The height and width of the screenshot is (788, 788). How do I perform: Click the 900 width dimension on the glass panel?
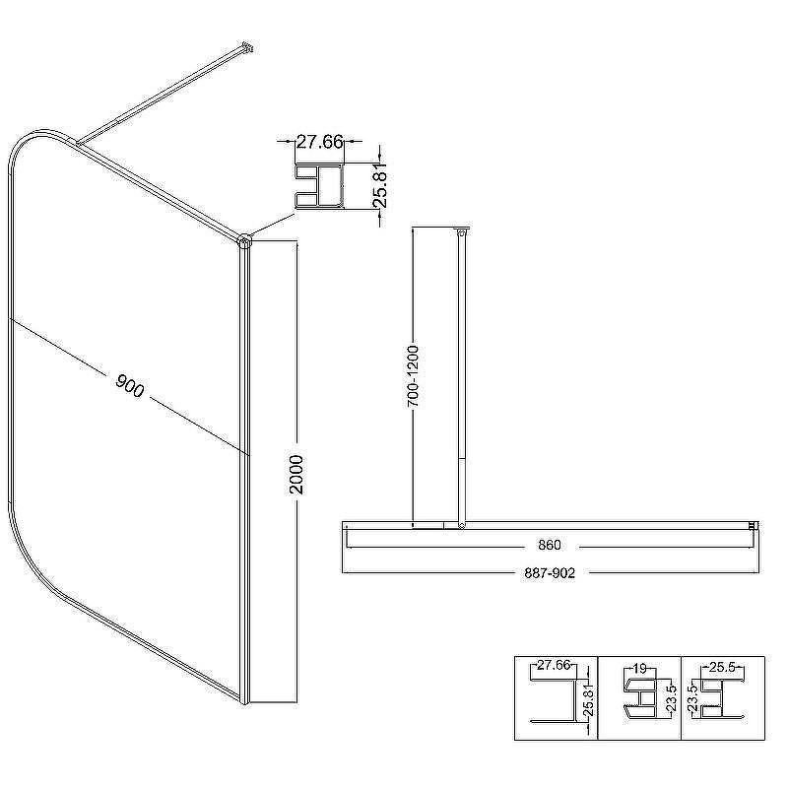point(130,385)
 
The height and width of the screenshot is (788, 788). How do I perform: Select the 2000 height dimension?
point(297,475)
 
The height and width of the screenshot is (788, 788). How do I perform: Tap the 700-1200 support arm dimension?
point(413,376)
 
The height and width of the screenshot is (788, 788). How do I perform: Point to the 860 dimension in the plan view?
point(550,545)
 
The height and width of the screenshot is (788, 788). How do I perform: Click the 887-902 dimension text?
point(550,573)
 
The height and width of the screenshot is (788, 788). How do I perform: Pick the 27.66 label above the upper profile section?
point(319,142)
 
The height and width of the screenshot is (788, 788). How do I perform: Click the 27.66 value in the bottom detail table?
point(554,666)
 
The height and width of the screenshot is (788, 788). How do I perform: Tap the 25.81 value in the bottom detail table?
point(589,698)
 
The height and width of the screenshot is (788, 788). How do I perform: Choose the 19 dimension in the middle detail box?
point(639,669)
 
